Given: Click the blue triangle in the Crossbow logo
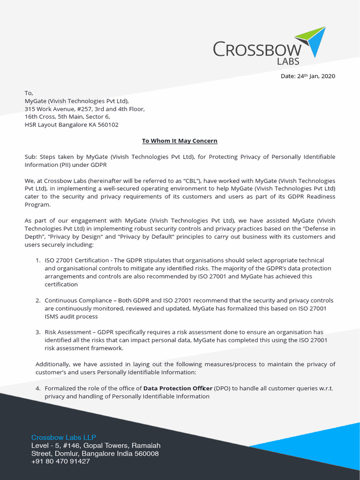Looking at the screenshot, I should coord(317,44).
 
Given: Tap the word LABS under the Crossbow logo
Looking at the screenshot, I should coord(288,61).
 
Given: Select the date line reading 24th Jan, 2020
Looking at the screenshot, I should coord(308,76).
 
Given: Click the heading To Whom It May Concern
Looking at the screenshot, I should coord(180,141).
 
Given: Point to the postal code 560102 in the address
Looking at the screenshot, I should coord(108,125).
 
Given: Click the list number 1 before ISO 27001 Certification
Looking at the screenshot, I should coord(38,260).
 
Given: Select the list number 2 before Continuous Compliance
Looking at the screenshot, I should coord(38,300).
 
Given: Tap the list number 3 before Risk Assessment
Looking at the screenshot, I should coord(38,332).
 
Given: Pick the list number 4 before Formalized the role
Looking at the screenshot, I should coord(38,388).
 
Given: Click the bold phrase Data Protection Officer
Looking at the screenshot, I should coord(178,388).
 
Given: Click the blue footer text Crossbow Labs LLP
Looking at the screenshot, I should coord(64,437).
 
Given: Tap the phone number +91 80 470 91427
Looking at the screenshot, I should coord(60,461).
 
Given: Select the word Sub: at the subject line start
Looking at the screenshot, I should coord(31,157).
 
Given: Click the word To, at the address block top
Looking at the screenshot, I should coord(29,93).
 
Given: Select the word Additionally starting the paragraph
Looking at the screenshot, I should coord(53,364).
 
